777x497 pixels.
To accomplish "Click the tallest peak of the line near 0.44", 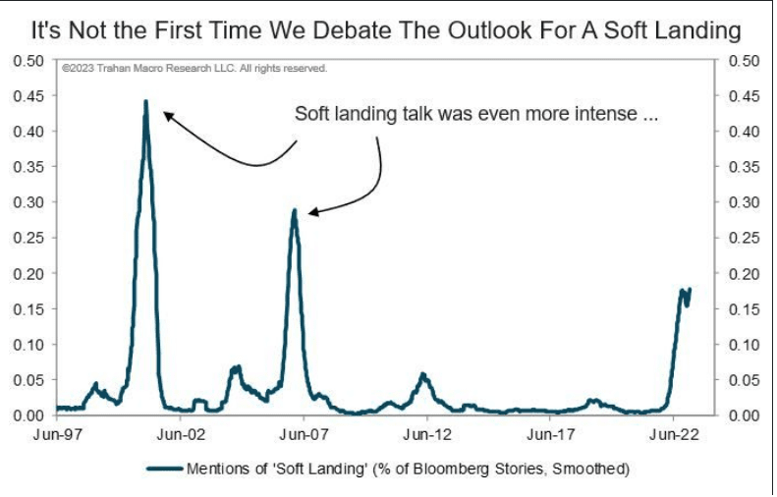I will click(145, 101).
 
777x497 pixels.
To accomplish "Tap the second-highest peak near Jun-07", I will click(293, 209).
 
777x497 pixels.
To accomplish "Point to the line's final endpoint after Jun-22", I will click(691, 289).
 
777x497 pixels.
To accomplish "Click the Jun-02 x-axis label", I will click(180, 433).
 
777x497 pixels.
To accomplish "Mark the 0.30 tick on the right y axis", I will click(744, 202).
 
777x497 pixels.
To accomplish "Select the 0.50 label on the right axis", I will click(744, 61).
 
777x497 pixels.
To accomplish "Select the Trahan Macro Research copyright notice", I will click(193, 70).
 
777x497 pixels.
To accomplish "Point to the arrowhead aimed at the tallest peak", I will click(167, 115).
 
